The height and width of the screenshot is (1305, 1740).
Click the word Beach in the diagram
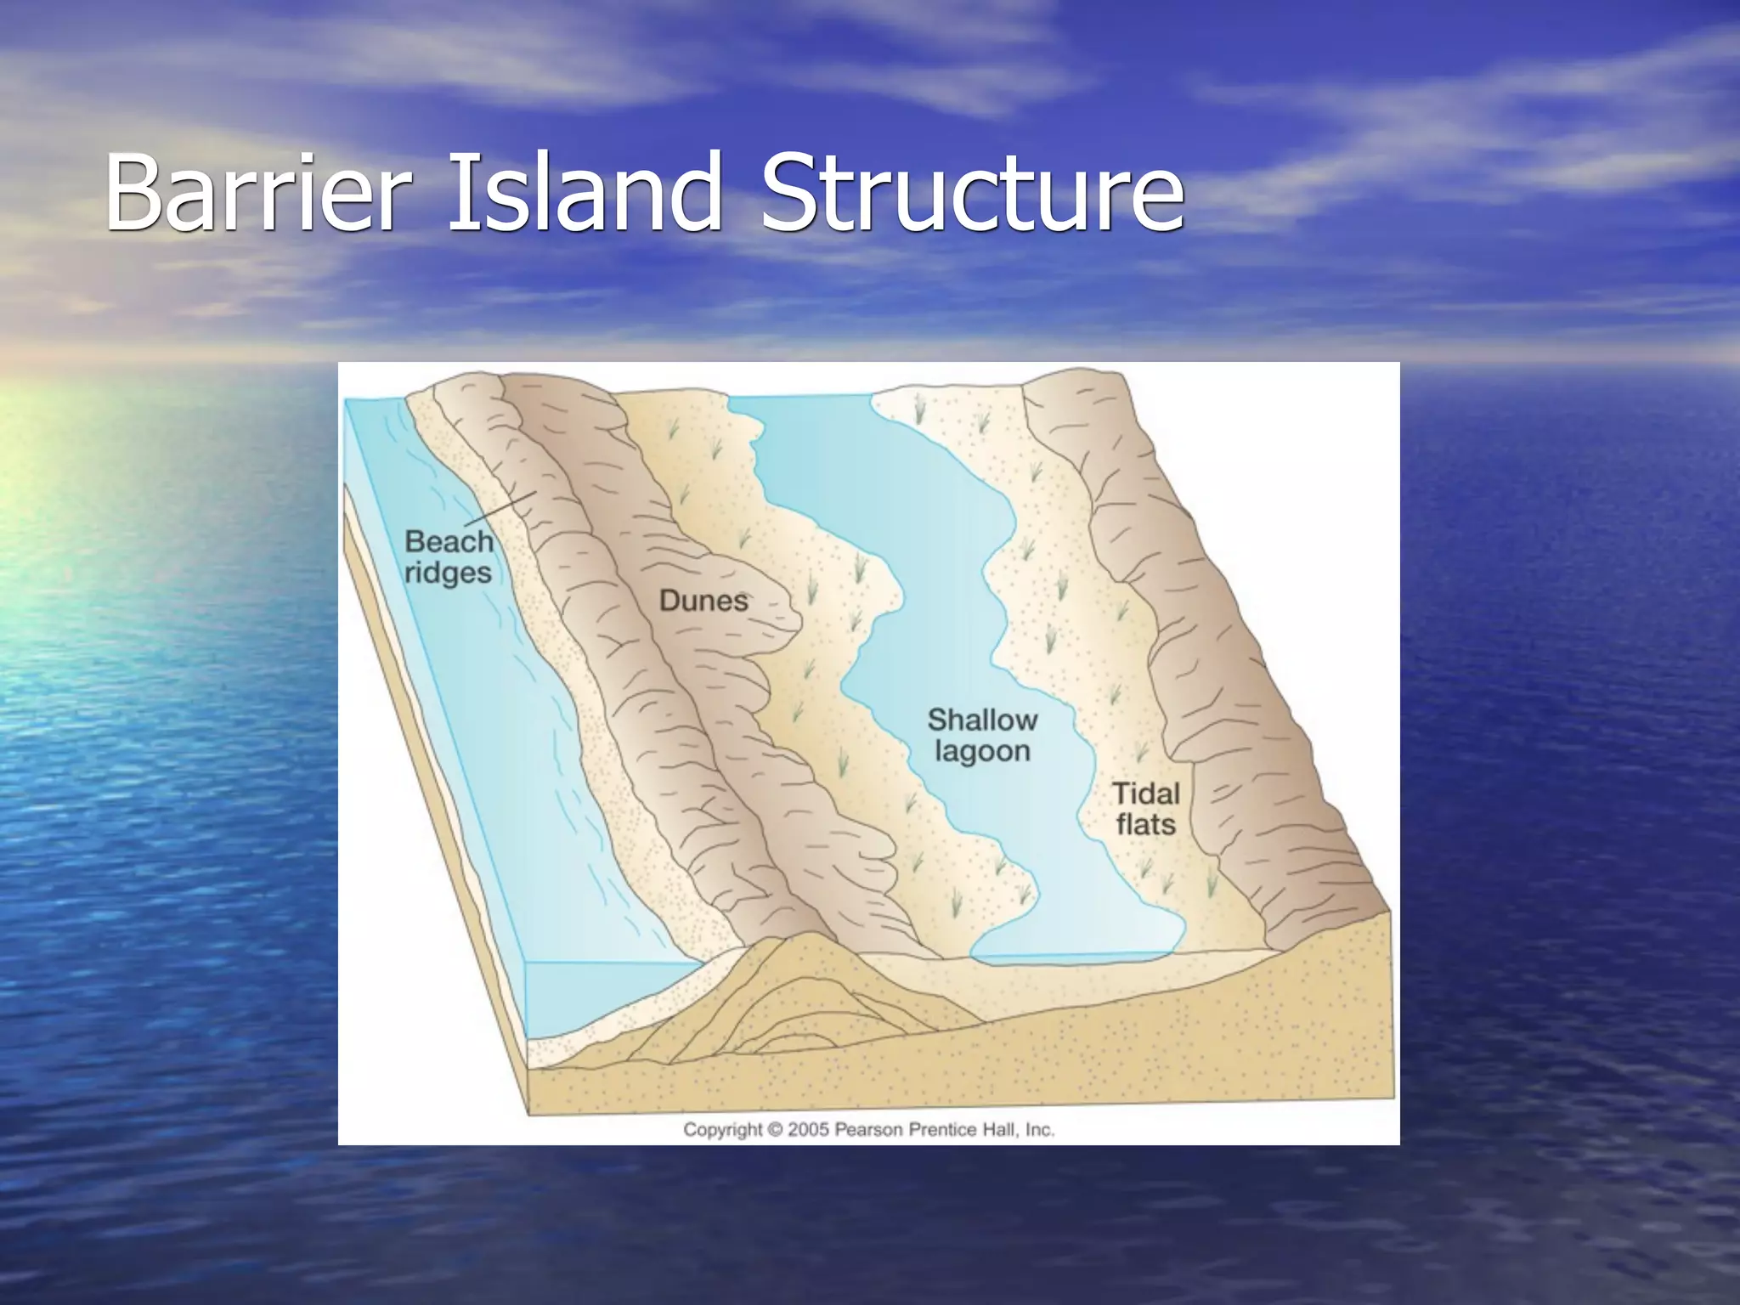449,541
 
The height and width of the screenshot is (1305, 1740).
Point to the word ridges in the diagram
448,573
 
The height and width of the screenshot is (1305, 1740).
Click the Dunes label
703,601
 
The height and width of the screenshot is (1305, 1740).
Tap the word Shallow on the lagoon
982,720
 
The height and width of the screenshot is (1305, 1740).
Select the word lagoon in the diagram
982,752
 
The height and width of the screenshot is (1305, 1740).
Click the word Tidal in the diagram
1146,794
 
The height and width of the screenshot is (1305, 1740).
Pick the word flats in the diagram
1146,824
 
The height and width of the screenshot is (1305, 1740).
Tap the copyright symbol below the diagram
774,1130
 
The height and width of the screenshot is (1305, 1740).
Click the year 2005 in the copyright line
808,1130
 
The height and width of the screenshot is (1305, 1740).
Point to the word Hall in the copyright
996,1130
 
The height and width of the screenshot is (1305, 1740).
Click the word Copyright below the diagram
722,1130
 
